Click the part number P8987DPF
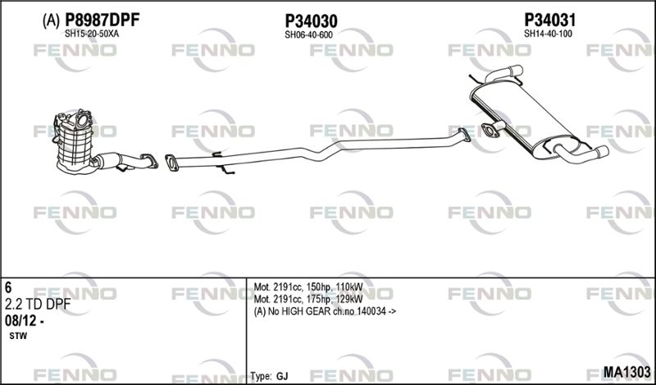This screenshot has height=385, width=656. (102, 20)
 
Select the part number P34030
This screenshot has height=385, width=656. (311, 21)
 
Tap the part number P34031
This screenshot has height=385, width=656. (550, 20)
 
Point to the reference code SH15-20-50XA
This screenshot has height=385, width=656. (92, 34)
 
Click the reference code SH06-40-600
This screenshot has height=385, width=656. (308, 35)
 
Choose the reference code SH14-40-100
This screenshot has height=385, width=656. (548, 34)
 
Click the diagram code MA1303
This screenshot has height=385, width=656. (626, 372)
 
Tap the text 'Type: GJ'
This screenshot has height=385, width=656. (269, 376)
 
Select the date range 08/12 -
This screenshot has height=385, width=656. (25, 321)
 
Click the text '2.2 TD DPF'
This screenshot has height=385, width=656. (38, 305)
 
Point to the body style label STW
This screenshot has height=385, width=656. (18, 336)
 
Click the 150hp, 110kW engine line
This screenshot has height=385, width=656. (308, 287)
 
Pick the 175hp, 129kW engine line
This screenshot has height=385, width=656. (308, 299)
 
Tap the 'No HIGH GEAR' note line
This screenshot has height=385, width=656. (325, 311)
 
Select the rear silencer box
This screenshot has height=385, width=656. (525, 120)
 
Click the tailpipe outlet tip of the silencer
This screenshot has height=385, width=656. (604, 152)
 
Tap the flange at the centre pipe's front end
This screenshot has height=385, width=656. (171, 163)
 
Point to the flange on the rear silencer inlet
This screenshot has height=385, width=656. (490, 131)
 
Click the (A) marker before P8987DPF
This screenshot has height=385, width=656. (51, 21)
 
